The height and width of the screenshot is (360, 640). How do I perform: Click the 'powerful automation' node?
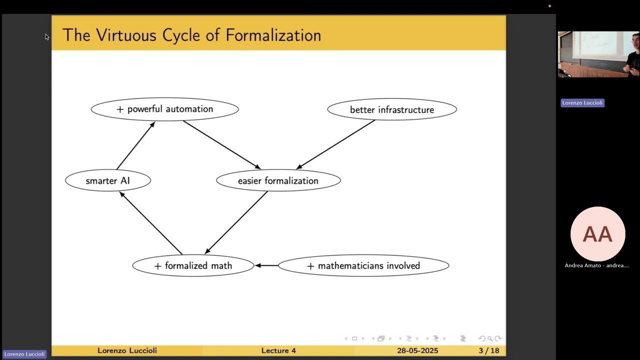coord(164,109)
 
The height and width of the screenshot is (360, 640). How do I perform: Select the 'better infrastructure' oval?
coord(391,110)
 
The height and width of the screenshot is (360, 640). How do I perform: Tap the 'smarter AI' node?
coord(107,181)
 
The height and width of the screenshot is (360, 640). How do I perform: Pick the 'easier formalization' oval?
coord(278,181)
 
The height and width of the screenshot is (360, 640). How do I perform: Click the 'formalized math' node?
coord(193,266)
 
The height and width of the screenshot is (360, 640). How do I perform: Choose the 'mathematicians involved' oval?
coord(363,266)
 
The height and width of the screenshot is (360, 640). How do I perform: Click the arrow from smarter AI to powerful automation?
coord(135,145)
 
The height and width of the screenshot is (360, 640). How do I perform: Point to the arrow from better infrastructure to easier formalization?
coord(335,144)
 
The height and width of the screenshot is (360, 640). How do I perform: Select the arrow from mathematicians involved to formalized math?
coord(266,265)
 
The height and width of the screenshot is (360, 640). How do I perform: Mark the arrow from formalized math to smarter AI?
coord(151,223)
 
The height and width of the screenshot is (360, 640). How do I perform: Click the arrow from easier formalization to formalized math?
coord(236,222)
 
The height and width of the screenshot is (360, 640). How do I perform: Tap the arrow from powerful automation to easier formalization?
coord(221,144)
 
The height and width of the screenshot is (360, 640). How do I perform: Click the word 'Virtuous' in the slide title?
coord(126,35)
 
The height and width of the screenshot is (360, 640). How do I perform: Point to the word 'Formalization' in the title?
coord(273,35)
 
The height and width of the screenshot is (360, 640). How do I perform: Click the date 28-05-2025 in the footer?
coord(417,350)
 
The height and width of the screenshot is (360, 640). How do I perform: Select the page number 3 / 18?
coord(488,350)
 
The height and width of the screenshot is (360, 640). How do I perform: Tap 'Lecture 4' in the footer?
coord(278,350)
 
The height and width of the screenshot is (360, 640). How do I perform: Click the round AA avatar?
coord(597,234)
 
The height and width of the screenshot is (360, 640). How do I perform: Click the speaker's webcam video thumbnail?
coord(598,54)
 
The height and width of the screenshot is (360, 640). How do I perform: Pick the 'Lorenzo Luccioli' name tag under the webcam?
coord(582,103)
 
